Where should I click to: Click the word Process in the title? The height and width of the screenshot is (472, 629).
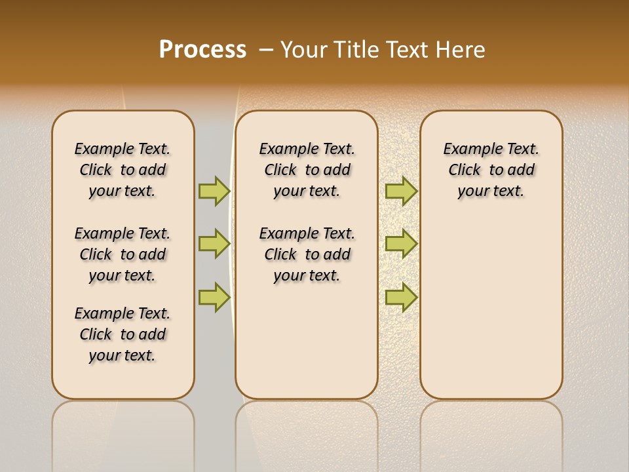(202, 50)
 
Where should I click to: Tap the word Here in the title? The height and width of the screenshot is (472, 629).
(461, 50)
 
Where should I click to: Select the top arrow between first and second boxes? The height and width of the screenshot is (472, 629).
(214, 191)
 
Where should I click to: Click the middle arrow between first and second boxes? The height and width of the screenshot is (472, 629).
(214, 244)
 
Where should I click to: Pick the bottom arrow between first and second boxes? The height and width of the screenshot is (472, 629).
(214, 297)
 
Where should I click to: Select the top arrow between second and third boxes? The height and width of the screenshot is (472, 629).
(401, 191)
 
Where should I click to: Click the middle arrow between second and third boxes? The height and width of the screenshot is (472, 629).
(401, 244)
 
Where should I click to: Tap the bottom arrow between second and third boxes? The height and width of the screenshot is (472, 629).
(401, 297)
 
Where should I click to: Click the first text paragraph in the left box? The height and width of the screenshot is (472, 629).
(123, 170)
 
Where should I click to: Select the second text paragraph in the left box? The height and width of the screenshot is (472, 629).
(123, 254)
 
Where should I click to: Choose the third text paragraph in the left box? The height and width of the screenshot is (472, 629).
(123, 334)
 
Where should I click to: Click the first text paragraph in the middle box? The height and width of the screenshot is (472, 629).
(307, 170)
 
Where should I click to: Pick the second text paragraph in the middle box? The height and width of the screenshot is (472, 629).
(307, 254)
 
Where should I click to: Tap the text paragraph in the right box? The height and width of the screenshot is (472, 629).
(491, 170)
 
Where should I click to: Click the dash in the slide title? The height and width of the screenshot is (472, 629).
(266, 50)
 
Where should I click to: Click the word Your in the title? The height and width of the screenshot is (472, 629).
(304, 50)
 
